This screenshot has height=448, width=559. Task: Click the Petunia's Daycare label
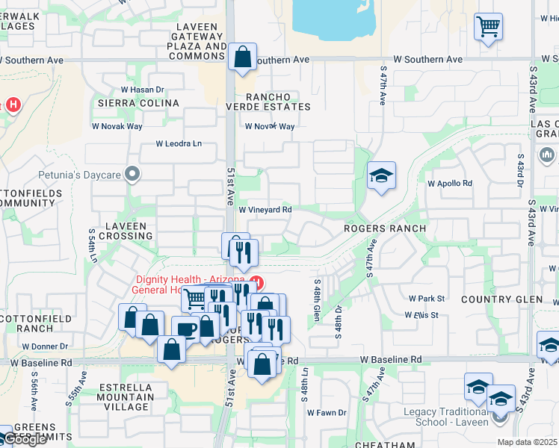[80, 175]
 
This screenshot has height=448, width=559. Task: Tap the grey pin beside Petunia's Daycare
[133, 174]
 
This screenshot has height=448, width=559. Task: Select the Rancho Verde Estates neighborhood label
[268, 102]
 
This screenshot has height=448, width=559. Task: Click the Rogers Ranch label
[385, 228]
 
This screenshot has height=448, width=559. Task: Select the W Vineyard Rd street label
[265, 211]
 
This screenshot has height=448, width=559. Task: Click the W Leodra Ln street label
[179, 143]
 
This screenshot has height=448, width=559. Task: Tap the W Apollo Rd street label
[450, 183]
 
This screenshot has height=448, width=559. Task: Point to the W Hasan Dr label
[141, 90]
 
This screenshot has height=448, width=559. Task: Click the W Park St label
[426, 299]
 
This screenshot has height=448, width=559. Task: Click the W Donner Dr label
[45, 346]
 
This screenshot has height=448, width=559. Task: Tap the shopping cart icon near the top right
[488, 27]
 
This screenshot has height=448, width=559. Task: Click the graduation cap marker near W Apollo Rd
[381, 176]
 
